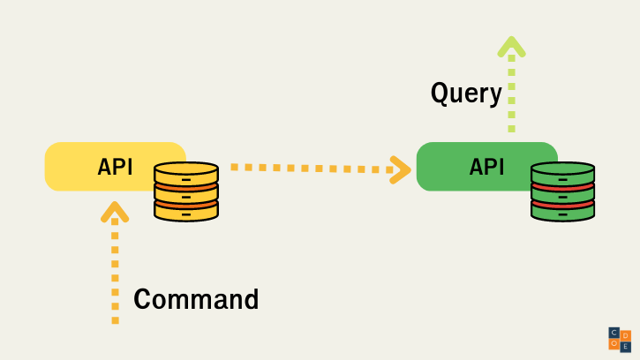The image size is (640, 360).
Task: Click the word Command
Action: pos(196,299)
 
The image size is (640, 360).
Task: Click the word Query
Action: pos(466,93)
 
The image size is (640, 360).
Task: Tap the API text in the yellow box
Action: pos(116,166)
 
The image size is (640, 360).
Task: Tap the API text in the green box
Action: pos(487,166)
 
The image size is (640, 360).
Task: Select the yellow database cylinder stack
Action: pos(186,191)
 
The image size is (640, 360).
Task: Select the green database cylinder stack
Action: pos(562,191)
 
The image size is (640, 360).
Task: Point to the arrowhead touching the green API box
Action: pos(402,169)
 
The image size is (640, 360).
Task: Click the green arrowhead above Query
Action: pos(511,46)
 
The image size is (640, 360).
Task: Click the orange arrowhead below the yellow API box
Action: pos(115,212)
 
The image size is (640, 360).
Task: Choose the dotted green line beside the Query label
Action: pos(511,93)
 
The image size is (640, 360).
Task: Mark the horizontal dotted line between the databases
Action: pos(309,167)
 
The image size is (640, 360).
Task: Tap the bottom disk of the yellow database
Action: pos(186,211)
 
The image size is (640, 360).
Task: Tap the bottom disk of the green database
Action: pos(562,212)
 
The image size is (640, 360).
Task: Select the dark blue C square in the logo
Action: pos(614,333)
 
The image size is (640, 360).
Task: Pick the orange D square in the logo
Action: pos(626,335)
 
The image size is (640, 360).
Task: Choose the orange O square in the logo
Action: pos(614,344)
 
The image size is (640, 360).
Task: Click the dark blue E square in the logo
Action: pos(626,346)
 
